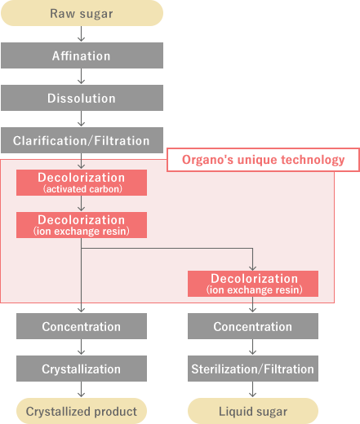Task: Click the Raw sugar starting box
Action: click(82, 13)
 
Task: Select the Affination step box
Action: click(82, 55)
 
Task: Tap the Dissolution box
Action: click(82, 98)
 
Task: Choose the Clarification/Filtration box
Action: click(82, 140)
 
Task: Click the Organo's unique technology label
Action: click(263, 160)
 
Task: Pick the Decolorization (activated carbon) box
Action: click(82, 183)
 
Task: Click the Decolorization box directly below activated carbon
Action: click(82, 225)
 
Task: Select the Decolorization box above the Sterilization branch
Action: click(253, 284)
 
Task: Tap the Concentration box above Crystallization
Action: click(82, 326)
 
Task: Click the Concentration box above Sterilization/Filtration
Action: click(253, 326)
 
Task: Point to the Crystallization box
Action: click(82, 369)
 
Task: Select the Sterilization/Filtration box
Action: click(253, 369)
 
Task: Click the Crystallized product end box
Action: click(82, 411)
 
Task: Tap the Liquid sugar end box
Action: click(253, 411)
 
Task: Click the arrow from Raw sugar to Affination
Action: click(81, 34)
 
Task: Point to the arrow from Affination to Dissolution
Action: click(81, 77)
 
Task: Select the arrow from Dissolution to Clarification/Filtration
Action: click(81, 119)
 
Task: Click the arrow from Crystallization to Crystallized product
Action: click(81, 390)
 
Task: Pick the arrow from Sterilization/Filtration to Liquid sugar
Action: click(252, 390)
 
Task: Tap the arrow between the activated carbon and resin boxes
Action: click(81, 204)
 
